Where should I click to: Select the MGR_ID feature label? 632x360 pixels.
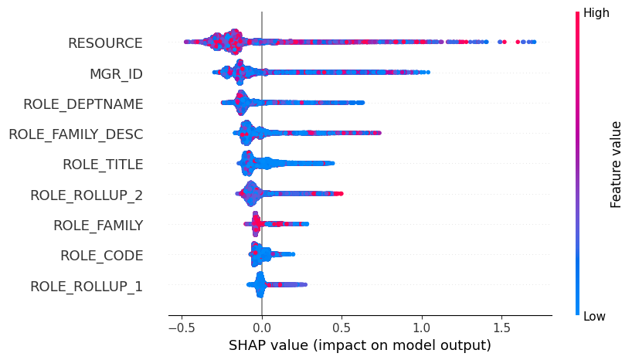tap(116, 73)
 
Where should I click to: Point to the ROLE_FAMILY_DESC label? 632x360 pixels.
tap(75, 134)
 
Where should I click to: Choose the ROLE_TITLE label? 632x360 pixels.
tap(102, 165)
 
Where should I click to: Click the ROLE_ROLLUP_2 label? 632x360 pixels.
tap(86, 195)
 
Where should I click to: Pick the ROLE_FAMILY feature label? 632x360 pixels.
tap(97, 225)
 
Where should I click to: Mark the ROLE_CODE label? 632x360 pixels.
tap(101, 256)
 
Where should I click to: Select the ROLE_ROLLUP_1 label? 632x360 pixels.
tap(86, 286)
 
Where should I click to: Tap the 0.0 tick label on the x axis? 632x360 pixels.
tap(262, 327)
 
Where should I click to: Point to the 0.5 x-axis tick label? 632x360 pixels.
tap(341, 327)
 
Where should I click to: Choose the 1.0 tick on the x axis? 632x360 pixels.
tap(421, 327)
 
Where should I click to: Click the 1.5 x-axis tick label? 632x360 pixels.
tap(501, 327)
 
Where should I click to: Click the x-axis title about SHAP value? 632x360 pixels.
tap(359, 345)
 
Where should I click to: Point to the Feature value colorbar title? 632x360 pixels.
tap(616, 164)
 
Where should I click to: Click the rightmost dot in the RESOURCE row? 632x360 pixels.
tap(534, 42)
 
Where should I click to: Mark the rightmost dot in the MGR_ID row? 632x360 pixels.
tap(427, 72)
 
